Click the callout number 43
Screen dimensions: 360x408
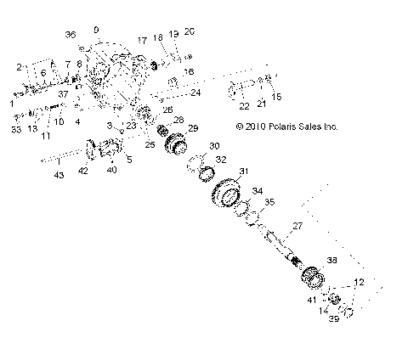(59, 176)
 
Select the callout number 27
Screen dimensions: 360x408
(297, 226)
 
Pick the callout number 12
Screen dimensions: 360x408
(360, 281)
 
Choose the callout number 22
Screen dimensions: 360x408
(243, 106)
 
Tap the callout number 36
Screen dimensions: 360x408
(71, 34)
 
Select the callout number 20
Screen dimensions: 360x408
(190, 31)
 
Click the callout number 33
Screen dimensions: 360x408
(16, 130)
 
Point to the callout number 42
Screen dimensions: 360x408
(83, 171)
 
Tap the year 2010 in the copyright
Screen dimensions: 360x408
(253, 126)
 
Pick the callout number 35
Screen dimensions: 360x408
(269, 202)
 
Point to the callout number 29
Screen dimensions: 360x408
(192, 127)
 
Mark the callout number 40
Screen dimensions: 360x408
(111, 170)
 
